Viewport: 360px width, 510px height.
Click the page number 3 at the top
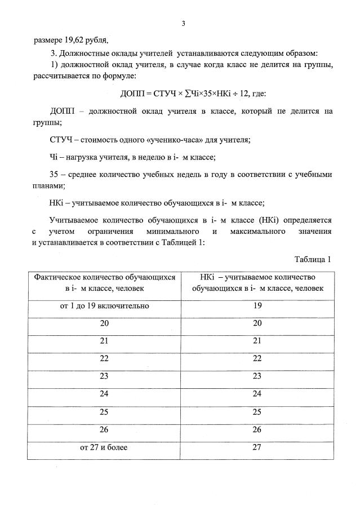click(x=184, y=23)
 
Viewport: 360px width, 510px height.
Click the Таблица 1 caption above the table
click(x=313, y=259)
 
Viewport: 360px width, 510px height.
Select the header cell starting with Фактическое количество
click(x=104, y=283)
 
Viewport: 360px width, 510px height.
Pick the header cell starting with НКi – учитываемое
click(x=257, y=283)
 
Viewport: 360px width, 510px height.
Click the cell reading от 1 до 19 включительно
click(x=104, y=307)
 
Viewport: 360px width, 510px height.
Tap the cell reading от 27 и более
click(x=104, y=448)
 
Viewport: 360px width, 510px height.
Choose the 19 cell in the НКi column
click(x=257, y=307)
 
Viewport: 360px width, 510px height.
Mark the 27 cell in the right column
click(x=257, y=448)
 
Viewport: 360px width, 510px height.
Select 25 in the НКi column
click(x=257, y=413)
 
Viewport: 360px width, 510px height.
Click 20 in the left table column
click(x=104, y=324)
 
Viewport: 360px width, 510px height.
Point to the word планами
click(x=49, y=185)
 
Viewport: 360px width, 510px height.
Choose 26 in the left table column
click(x=104, y=431)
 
